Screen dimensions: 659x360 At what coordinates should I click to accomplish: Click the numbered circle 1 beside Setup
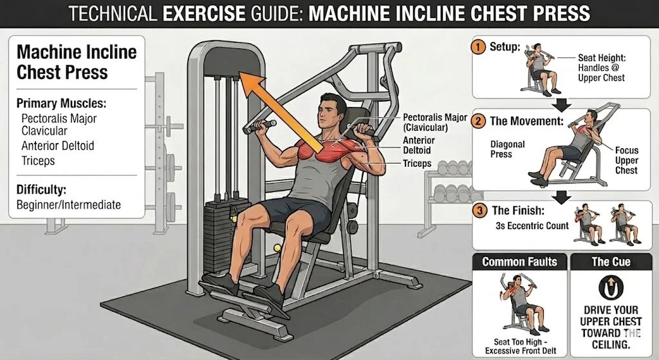pyautogui.click(x=478, y=46)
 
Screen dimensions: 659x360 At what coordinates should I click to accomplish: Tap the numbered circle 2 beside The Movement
pyautogui.click(x=478, y=121)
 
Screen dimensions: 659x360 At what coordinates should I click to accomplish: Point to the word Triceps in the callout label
pyautogui.click(x=417, y=163)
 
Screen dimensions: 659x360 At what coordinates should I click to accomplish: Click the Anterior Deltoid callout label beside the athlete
pyautogui.click(x=418, y=145)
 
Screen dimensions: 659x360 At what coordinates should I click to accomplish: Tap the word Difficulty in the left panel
pyautogui.click(x=41, y=190)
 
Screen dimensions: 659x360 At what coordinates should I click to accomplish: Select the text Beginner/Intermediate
pyautogui.click(x=68, y=205)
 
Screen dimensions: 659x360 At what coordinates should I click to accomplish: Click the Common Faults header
pyautogui.click(x=519, y=262)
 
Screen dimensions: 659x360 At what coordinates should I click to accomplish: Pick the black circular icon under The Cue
pyautogui.click(x=611, y=287)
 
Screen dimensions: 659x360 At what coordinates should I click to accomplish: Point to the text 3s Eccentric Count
pyautogui.click(x=532, y=226)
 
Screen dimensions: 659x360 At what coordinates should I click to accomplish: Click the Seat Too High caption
pyautogui.click(x=520, y=346)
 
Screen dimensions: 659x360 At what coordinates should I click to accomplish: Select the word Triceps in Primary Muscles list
pyautogui.click(x=38, y=160)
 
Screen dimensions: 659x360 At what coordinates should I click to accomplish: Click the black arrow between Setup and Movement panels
pyautogui.click(x=561, y=105)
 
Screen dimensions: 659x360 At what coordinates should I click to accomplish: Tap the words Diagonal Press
pyautogui.click(x=507, y=149)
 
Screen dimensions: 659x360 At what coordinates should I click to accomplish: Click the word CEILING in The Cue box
pyautogui.click(x=611, y=345)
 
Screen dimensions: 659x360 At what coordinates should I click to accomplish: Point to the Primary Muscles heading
pyautogui.click(x=61, y=103)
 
